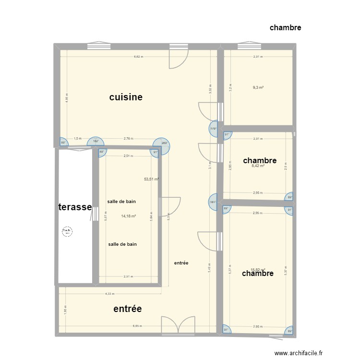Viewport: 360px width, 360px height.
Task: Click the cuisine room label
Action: click(126, 97)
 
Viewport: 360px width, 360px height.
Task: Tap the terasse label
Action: click(75, 207)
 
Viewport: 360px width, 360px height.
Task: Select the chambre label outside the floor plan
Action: click(285, 27)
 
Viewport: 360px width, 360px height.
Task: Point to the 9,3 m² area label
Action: click(259, 87)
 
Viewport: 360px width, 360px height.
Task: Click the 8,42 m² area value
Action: click(259, 166)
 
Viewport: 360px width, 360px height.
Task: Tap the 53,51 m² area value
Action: click(152, 179)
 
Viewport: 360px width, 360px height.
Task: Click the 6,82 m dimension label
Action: click(138, 57)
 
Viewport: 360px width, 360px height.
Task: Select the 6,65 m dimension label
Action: click(138, 326)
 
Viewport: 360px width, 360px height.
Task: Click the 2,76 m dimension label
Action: click(128, 139)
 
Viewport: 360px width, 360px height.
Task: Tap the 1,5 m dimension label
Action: click(77, 139)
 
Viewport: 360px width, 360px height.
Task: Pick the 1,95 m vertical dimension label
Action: click(66, 310)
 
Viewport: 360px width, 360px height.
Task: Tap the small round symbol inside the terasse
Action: click(66, 232)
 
